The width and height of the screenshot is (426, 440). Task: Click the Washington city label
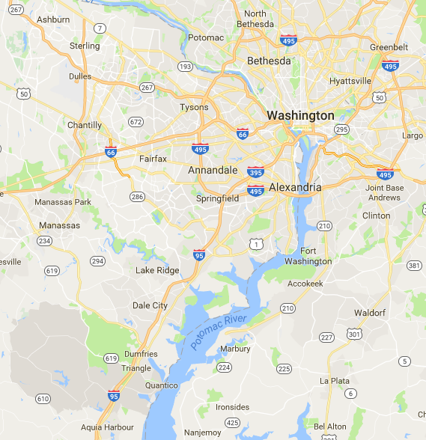(300, 116)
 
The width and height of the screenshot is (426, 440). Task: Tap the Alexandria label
(295, 186)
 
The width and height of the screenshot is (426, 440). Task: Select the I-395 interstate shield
(255, 171)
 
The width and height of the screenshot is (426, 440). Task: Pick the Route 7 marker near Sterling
(100, 28)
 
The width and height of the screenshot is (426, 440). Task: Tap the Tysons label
(194, 107)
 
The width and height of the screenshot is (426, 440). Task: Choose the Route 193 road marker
(185, 67)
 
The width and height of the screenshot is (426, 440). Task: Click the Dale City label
(150, 305)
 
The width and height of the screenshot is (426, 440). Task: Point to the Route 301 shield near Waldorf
(353, 333)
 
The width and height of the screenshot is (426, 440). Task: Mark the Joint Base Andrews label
(384, 192)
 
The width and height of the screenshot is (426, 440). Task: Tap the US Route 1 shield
(256, 244)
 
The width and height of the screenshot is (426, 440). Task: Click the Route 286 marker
(137, 197)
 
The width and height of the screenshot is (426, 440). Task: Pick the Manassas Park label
(63, 201)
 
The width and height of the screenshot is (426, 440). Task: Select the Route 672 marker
(136, 121)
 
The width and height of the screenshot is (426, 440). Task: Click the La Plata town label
(334, 380)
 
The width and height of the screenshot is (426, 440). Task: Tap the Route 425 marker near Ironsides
(232, 423)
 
